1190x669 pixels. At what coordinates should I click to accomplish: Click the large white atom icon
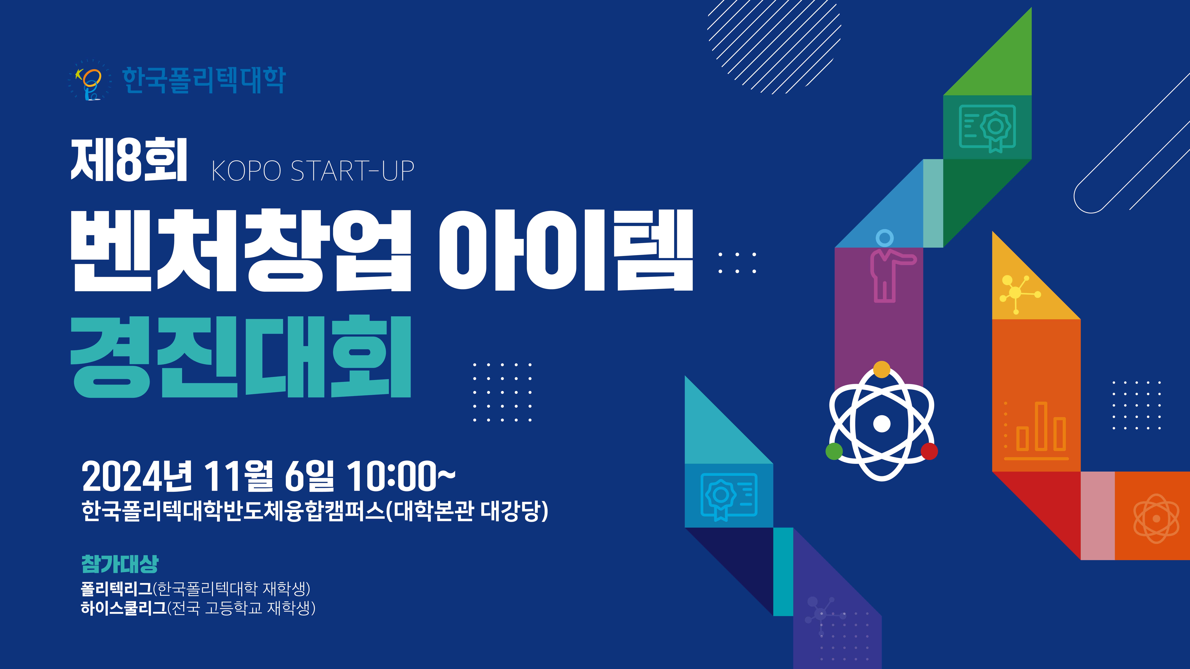pyautogui.click(x=881, y=421)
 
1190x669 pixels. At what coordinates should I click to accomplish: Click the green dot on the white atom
pyautogui.click(x=834, y=451)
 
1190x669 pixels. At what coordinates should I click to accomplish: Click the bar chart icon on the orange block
pyautogui.click(x=1036, y=431)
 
